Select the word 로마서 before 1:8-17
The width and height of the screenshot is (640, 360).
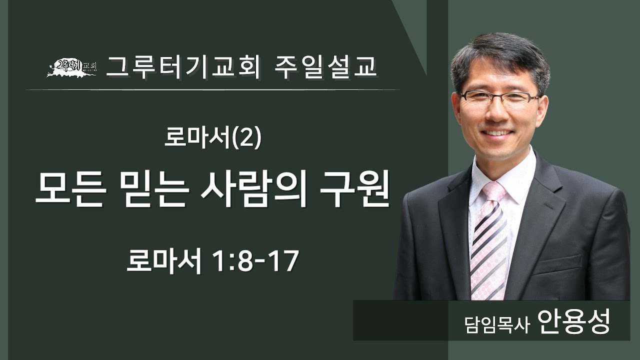(163, 261)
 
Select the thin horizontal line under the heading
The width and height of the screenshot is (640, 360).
(212, 90)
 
